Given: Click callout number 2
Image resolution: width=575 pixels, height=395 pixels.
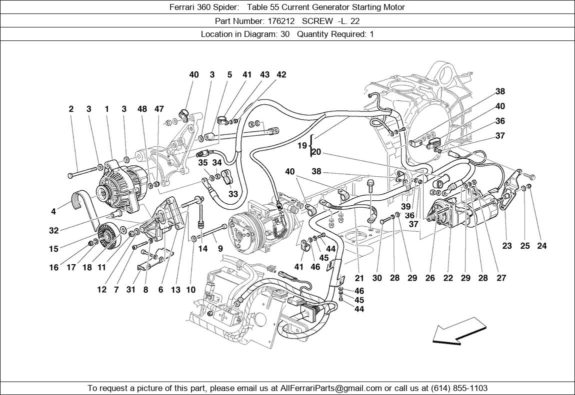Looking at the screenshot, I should (71, 109).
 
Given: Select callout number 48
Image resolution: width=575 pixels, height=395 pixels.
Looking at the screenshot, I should (142, 109).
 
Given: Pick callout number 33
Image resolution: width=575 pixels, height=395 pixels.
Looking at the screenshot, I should (233, 194).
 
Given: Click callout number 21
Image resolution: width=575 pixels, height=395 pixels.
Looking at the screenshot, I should (359, 278).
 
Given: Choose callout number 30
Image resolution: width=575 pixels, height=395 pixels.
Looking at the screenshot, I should (377, 278).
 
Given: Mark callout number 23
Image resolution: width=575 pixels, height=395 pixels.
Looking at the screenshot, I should (507, 246).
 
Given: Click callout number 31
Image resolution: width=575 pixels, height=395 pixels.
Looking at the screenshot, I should (131, 290).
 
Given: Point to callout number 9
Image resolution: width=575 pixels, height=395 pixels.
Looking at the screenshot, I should (220, 248).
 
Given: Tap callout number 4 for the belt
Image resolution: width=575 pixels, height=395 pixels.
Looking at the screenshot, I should (53, 211).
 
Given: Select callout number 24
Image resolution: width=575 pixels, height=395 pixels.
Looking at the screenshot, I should (541, 246).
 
